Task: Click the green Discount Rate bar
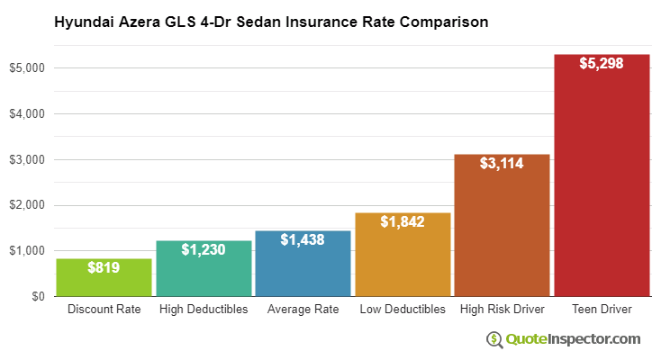[x=104, y=278]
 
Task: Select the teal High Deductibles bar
[x=204, y=270]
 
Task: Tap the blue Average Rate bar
[x=303, y=265]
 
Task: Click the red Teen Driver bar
[x=601, y=180]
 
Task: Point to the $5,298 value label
[x=601, y=65]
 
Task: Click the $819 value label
[x=104, y=267]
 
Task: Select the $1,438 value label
[x=303, y=239]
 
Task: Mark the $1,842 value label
[x=403, y=221]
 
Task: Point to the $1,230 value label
[x=204, y=249]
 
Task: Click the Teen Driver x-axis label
[x=601, y=310]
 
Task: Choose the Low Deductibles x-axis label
[x=403, y=310]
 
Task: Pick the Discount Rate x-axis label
[x=104, y=310]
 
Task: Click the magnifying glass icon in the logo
[x=494, y=339]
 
